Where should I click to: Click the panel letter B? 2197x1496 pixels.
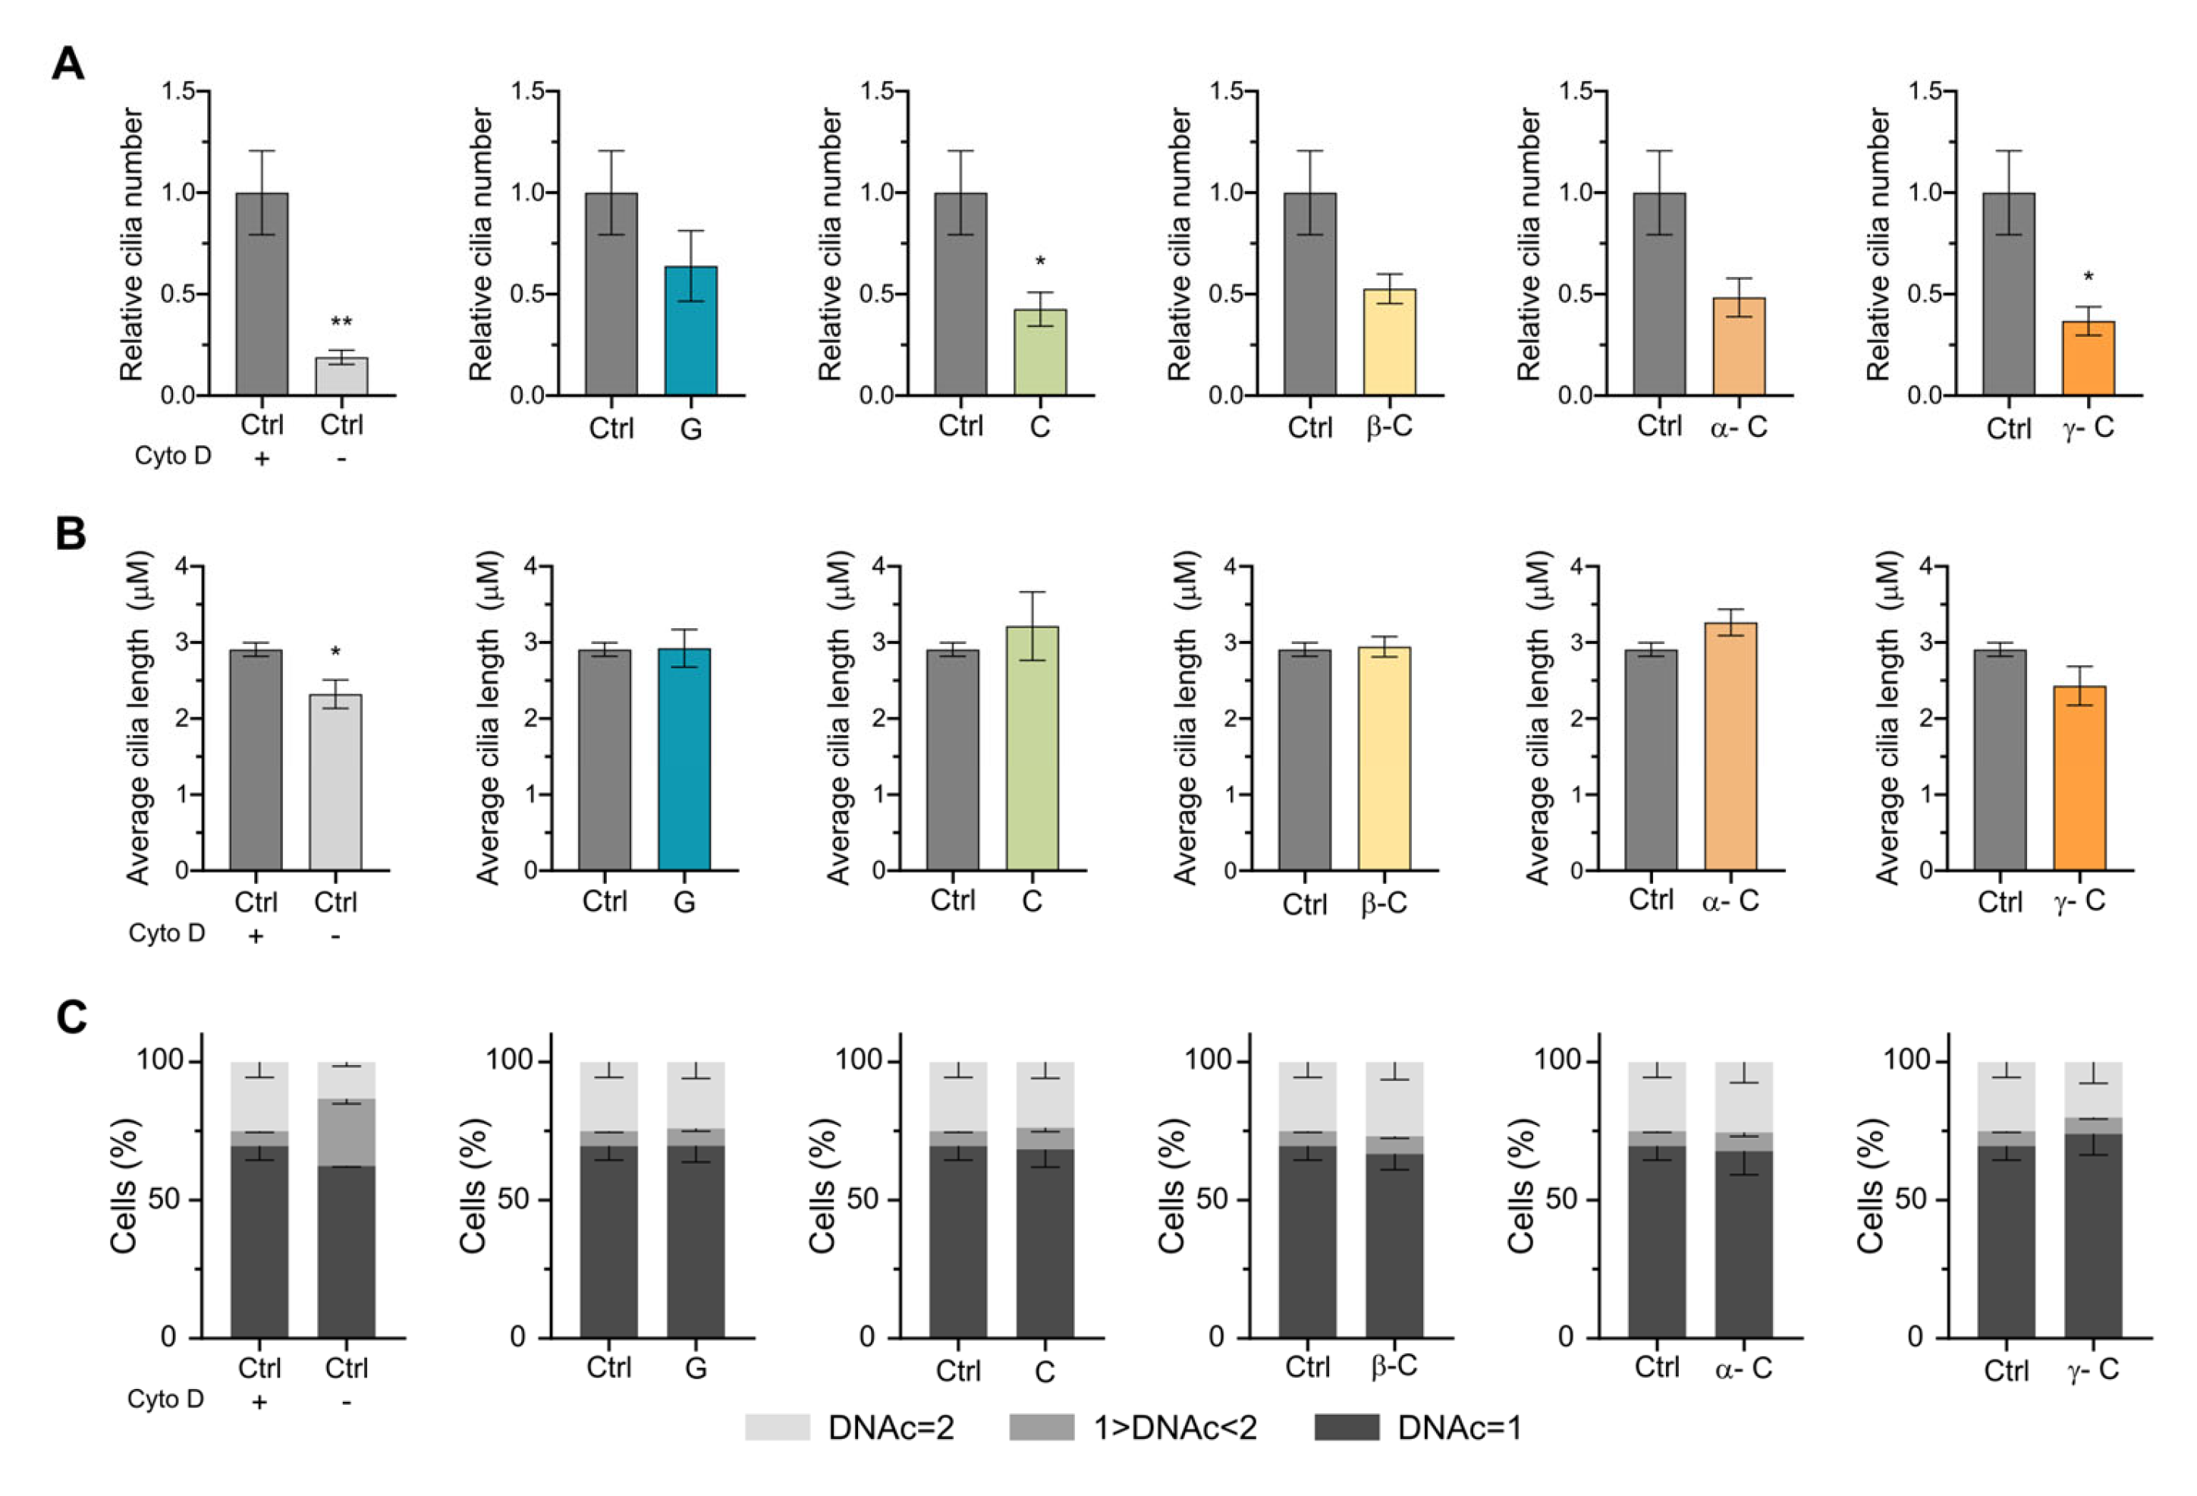point(70,534)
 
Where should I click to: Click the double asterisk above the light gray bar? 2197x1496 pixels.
point(341,323)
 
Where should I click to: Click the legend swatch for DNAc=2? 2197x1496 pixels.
point(777,1427)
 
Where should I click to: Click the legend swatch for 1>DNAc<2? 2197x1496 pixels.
point(1041,1427)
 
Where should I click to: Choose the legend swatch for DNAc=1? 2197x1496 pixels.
point(1346,1427)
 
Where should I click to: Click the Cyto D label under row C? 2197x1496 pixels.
point(165,1399)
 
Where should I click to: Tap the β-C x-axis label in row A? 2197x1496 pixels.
point(1389,427)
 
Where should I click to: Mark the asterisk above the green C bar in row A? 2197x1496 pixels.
point(1040,262)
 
